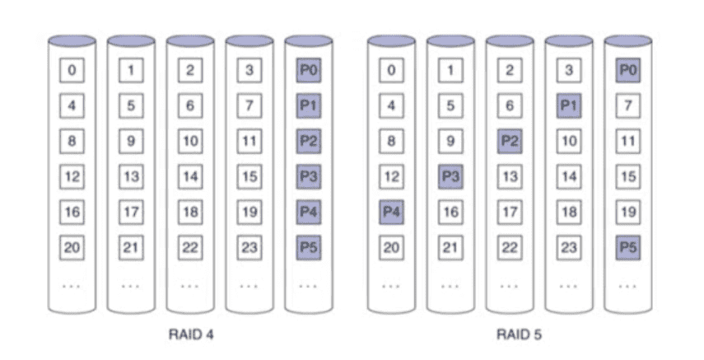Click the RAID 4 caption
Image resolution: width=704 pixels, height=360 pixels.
click(191, 334)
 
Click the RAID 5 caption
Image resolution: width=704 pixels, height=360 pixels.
click(519, 334)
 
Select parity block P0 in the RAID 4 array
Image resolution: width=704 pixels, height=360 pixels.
click(309, 70)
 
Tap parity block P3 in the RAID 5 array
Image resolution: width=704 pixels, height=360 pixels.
click(450, 176)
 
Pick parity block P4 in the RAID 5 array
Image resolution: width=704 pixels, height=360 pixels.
click(391, 212)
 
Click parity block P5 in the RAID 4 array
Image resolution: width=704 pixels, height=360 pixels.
click(309, 247)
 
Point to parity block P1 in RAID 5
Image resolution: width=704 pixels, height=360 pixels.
click(569, 105)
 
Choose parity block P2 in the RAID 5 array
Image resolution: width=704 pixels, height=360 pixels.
click(510, 141)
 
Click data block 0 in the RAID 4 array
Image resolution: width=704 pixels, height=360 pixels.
click(72, 70)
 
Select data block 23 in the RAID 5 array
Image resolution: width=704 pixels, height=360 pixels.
click(569, 247)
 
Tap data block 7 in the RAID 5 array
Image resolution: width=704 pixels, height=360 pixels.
click(628, 105)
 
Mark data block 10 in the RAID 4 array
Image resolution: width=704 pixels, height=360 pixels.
click(190, 141)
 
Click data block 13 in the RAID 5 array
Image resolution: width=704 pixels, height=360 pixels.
click(510, 176)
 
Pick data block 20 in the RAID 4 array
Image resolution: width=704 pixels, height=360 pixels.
click(72, 247)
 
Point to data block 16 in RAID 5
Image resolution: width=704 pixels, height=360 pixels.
click(450, 212)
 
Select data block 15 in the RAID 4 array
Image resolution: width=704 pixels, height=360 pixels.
click(249, 176)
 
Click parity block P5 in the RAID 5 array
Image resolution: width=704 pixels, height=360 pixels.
click(628, 247)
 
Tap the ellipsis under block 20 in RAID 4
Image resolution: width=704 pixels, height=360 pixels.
click(72, 286)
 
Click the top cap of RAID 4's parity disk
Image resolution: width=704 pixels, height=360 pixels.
click(309, 41)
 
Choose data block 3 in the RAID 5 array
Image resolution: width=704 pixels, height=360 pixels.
click(569, 70)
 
